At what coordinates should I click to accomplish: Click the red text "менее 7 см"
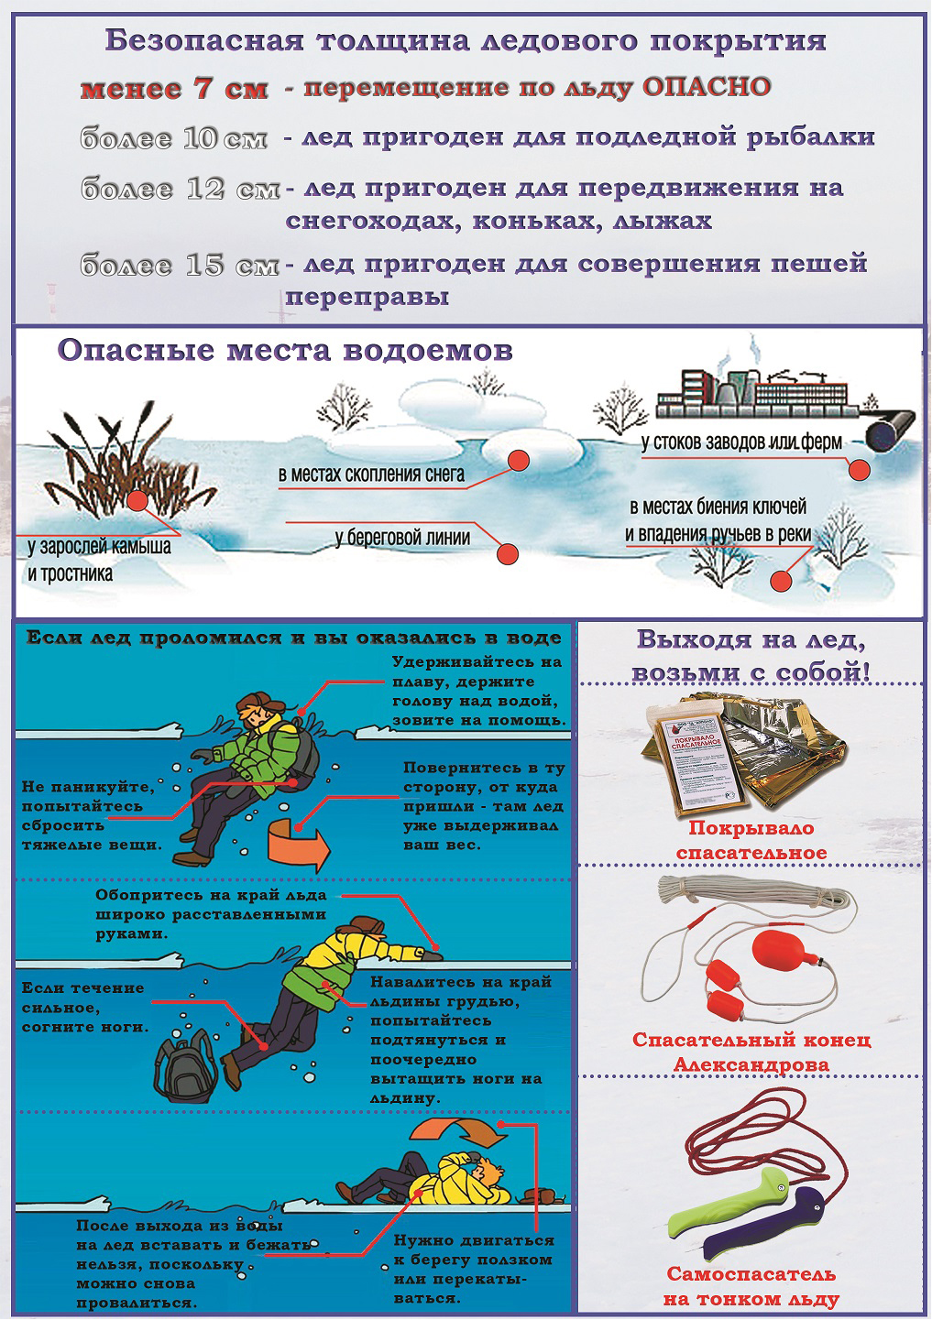[174, 89]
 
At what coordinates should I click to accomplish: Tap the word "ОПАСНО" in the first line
[706, 87]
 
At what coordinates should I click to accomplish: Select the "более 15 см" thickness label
[180, 266]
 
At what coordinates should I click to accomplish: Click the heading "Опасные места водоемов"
[285, 351]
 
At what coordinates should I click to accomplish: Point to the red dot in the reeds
[138, 500]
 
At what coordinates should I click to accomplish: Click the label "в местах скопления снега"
[371, 475]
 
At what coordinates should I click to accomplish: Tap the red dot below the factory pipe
[859, 470]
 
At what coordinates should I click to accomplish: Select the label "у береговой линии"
[402, 537]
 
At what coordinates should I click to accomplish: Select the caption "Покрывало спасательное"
[751, 840]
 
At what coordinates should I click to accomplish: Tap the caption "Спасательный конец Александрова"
[751, 1053]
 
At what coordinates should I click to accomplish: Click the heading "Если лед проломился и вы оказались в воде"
[294, 638]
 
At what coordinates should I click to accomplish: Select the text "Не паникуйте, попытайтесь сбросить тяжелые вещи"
[92, 815]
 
